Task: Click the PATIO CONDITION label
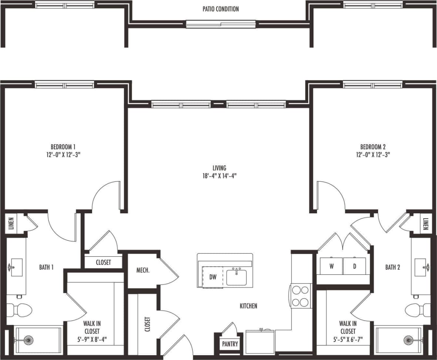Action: (x=221, y=9)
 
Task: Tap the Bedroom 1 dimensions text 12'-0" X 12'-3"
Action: (x=63, y=154)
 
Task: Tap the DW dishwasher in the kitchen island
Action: (x=213, y=277)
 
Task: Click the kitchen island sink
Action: (x=236, y=277)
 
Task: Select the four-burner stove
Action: (x=300, y=296)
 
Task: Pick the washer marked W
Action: (x=331, y=266)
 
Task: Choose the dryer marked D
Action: (x=354, y=266)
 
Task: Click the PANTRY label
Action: (x=230, y=344)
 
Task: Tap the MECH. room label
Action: (x=143, y=270)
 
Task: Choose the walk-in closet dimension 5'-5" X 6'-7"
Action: (x=347, y=339)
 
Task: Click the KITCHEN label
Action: (x=248, y=306)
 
